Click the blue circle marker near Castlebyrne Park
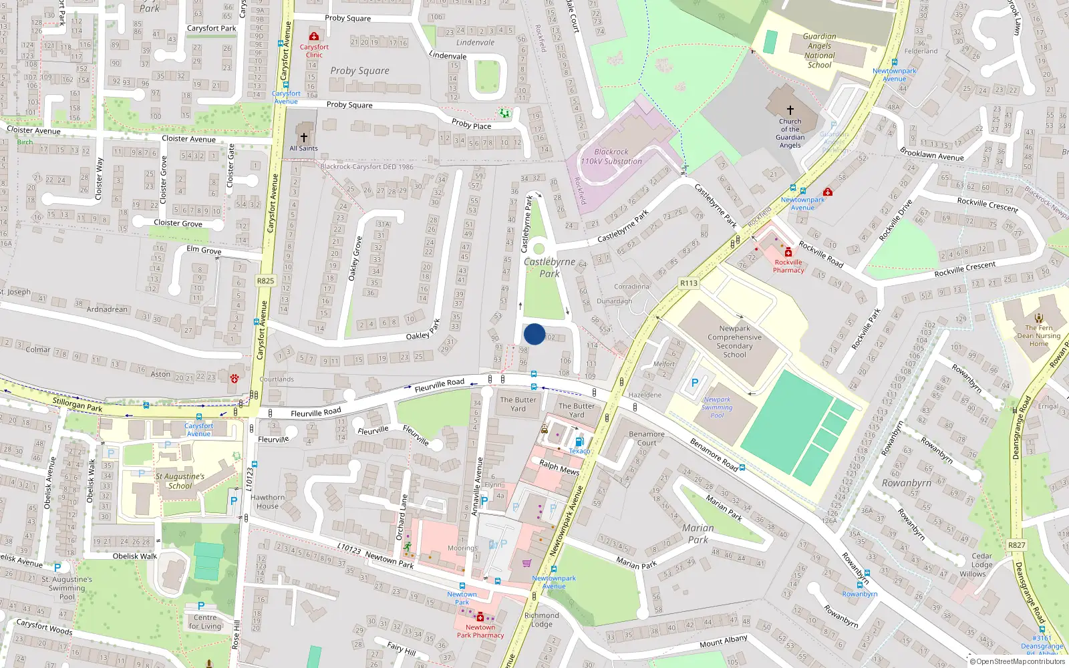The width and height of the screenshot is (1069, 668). pos(534,334)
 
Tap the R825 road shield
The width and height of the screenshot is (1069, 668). pos(266,281)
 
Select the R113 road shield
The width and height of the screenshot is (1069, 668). pos(689,283)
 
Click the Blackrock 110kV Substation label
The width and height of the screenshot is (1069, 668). pos(611,157)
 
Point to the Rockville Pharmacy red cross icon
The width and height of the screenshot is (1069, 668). pos(788,252)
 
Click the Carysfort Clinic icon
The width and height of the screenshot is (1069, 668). pos(314,36)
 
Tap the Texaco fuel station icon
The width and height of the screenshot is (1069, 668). pos(579,442)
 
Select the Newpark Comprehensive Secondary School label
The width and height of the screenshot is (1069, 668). pos(734,341)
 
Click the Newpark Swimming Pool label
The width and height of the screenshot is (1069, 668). pos(717,407)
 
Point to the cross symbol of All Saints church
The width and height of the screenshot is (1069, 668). pos(304,138)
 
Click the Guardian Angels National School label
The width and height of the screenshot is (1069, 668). pos(819,51)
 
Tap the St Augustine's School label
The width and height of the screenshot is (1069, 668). pos(180,481)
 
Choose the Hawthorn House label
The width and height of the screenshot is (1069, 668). pos(267,502)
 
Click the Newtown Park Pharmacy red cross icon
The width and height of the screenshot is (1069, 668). pos(480,617)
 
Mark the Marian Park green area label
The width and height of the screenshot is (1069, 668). pos(698,533)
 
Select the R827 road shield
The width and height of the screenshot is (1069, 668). pos(1016,545)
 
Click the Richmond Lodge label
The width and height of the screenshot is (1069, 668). pos(541,620)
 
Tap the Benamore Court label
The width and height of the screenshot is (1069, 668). pos(647,438)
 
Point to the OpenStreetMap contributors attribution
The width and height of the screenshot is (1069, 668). pos(1020,662)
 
